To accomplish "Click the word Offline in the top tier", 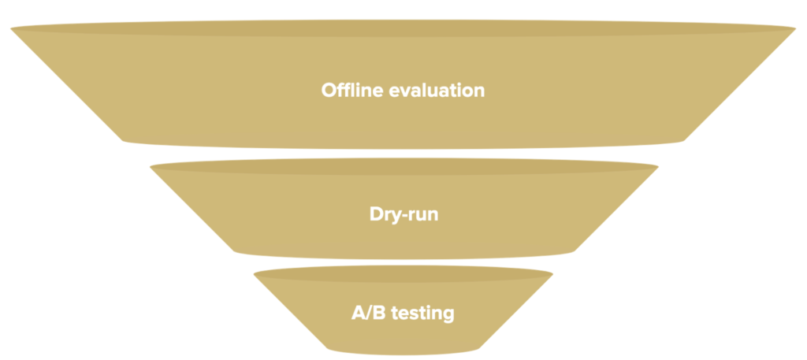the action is point(352,90).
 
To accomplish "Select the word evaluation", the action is point(437,90).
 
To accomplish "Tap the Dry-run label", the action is point(404,214).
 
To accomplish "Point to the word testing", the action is point(423,313).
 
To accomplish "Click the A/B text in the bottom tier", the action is point(369,312).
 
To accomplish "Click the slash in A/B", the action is point(369,312).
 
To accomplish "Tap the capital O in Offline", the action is point(329,90).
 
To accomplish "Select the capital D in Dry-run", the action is point(377,214).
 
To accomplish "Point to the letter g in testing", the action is point(448,315).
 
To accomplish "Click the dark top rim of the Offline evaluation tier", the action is point(403,28).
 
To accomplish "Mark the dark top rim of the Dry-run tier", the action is point(404,167).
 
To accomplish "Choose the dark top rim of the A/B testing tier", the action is point(403,274).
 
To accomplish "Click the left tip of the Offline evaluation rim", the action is point(11,29).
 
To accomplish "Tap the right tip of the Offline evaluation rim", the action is point(796,28).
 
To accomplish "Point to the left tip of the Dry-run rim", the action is point(150,167).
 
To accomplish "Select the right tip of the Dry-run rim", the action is point(658,167).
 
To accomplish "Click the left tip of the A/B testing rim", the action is point(254,275).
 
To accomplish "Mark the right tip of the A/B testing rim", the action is point(552,274).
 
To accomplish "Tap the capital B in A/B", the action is point(380,313).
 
